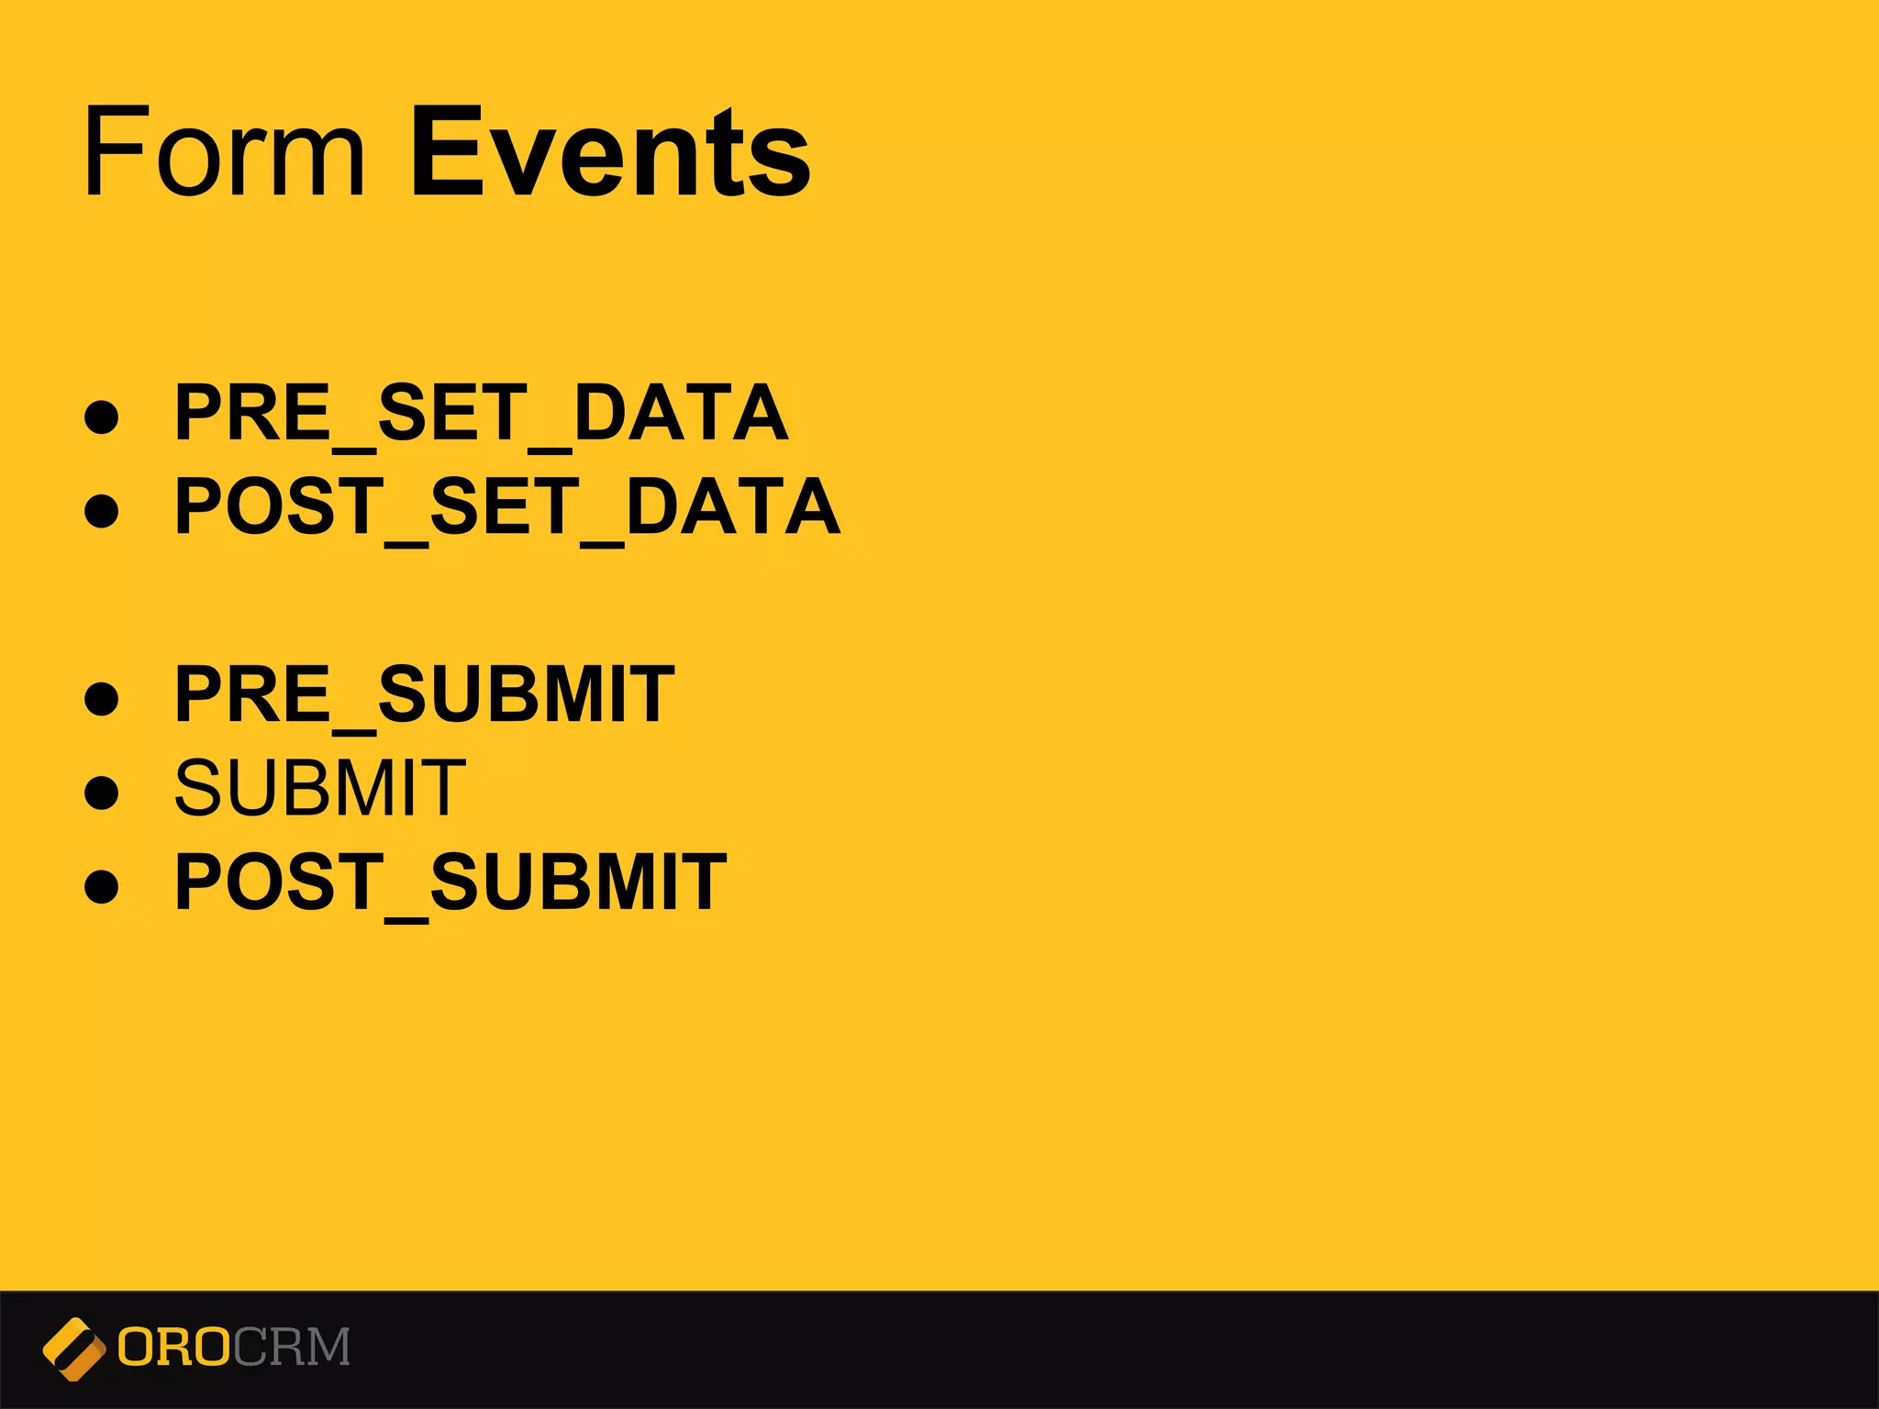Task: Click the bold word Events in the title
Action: [610, 151]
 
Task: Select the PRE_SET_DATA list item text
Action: [482, 413]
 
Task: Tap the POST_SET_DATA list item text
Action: [507, 506]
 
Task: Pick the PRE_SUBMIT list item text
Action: [425, 694]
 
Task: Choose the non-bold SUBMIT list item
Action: [320, 788]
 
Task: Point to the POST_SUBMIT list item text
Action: [450, 882]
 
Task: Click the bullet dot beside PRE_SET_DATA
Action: [101, 416]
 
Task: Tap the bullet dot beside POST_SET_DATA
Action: [101, 510]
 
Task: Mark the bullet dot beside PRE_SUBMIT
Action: [101, 698]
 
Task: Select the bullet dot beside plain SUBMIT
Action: [101, 792]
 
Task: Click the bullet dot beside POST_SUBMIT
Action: [101, 885]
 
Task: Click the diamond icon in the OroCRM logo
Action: [73, 1348]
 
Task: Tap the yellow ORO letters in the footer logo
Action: [172, 1348]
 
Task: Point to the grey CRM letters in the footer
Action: [292, 1348]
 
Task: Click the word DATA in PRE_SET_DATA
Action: [681, 413]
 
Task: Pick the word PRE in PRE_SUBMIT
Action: [252, 694]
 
